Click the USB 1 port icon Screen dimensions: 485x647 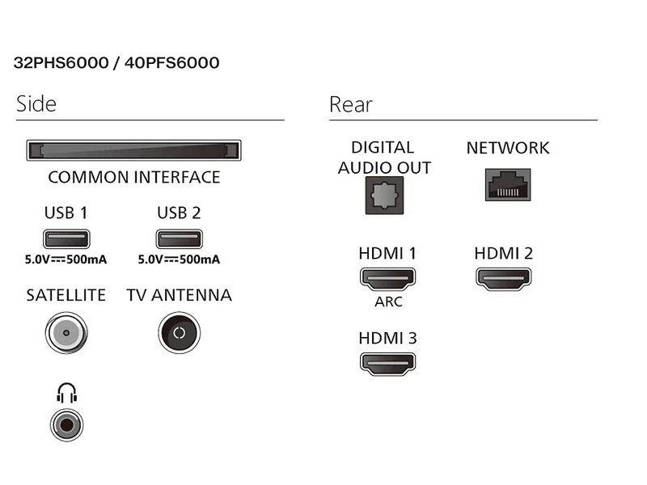point(66,239)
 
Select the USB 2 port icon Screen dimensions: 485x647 point(178,239)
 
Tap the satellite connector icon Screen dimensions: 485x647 point(66,332)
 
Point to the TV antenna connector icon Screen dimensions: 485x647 point(179,332)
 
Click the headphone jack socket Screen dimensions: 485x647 point(67,423)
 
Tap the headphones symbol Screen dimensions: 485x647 point(66,393)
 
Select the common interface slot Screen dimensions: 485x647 point(133,151)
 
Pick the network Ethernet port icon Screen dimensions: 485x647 point(507,185)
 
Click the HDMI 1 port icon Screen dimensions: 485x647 point(387,280)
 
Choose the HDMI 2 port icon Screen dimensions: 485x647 point(503,280)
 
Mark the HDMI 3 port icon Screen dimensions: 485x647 point(387,363)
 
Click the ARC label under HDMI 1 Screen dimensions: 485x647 point(387,302)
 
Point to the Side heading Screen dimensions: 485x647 point(36,104)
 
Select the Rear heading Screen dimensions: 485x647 point(351,104)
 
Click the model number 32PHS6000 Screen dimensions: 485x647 point(61,63)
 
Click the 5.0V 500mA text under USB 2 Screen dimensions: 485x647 point(179,260)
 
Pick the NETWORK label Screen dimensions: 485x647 point(508,148)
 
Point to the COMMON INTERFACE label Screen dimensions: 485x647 point(134,177)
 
